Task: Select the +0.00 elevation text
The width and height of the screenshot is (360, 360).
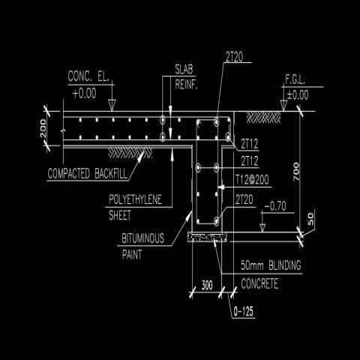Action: click(x=85, y=93)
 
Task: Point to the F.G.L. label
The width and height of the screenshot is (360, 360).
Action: click(x=295, y=79)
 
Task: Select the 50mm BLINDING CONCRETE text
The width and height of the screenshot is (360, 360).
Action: click(x=270, y=275)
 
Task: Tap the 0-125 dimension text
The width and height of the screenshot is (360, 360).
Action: click(x=245, y=310)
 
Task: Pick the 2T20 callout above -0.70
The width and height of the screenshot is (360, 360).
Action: click(x=243, y=199)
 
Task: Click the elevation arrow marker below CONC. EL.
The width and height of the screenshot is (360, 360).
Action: click(x=110, y=104)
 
